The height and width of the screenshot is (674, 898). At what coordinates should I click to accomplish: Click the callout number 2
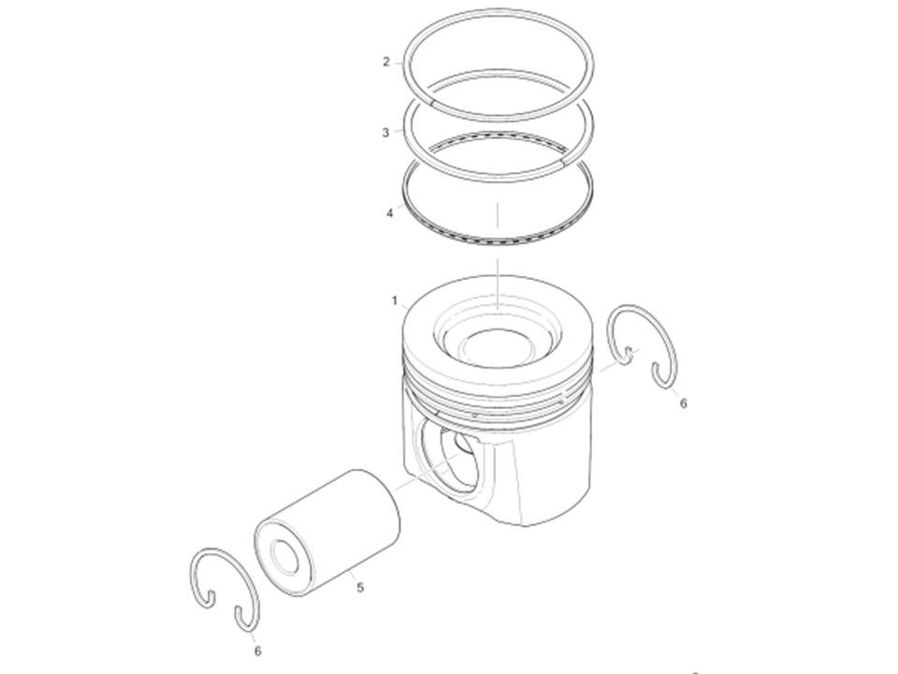pyautogui.click(x=386, y=62)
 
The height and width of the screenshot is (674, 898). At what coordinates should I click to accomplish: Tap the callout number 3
pyautogui.click(x=385, y=133)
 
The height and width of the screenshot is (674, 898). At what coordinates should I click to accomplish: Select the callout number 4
pyautogui.click(x=390, y=213)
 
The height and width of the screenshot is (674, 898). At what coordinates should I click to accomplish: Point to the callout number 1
pyautogui.click(x=395, y=300)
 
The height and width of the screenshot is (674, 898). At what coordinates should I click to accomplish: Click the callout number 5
pyautogui.click(x=359, y=588)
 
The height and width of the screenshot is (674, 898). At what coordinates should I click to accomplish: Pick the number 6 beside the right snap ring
pyautogui.click(x=683, y=403)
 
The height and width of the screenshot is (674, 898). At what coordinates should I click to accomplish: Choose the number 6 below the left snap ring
pyautogui.click(x=258, y=652)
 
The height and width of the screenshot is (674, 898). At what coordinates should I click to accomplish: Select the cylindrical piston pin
pyautogui.click(x=327, y=533)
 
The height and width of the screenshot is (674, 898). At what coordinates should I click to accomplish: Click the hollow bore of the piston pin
pyautogui.click(x=285, y=556)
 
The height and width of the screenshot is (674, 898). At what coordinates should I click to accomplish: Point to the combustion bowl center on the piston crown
pyautogui.click(x=496, y=346)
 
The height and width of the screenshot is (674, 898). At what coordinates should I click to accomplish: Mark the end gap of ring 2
pyautogui.click(x=430, y=103)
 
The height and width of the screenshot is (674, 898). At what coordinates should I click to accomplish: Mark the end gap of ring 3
pyautogui.click(x=563, y=163)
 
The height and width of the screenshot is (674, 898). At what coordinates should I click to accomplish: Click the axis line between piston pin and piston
pyautogui.click(x=427, y=472)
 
